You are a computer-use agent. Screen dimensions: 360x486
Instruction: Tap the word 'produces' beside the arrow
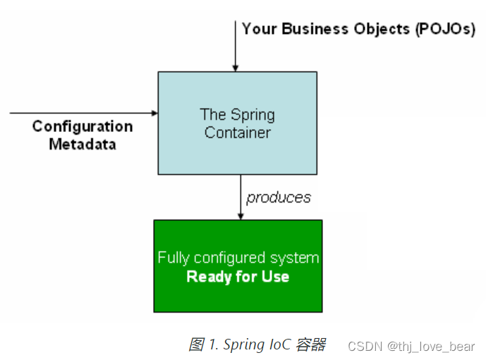[x=279, y=198]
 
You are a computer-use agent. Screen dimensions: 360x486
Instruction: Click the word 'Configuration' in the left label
[x=83, y=126]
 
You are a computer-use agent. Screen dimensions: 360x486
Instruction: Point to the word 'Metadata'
[x=83, y=144]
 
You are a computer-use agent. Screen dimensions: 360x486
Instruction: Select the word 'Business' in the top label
[x=314, y=29]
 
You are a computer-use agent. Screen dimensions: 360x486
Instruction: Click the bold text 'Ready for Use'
[x=238, y=277]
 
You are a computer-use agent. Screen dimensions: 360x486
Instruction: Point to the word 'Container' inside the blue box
[x=238, y=132]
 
